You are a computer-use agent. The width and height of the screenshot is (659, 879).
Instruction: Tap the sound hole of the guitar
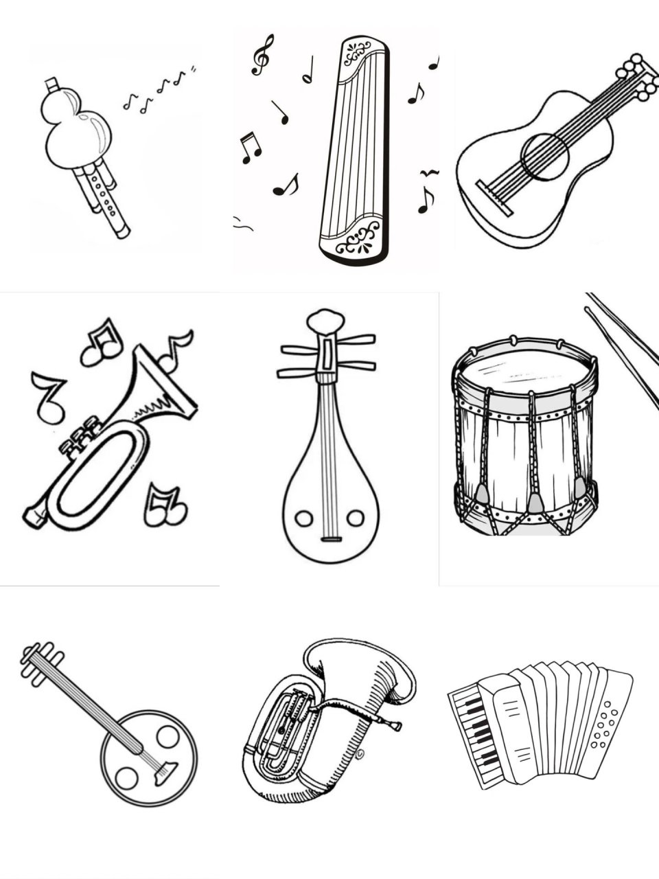tap(545, 157)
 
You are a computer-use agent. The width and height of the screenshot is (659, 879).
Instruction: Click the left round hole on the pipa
tap(302, 518)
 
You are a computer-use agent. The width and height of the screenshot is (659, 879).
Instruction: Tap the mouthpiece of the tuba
tap(394, 725)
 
